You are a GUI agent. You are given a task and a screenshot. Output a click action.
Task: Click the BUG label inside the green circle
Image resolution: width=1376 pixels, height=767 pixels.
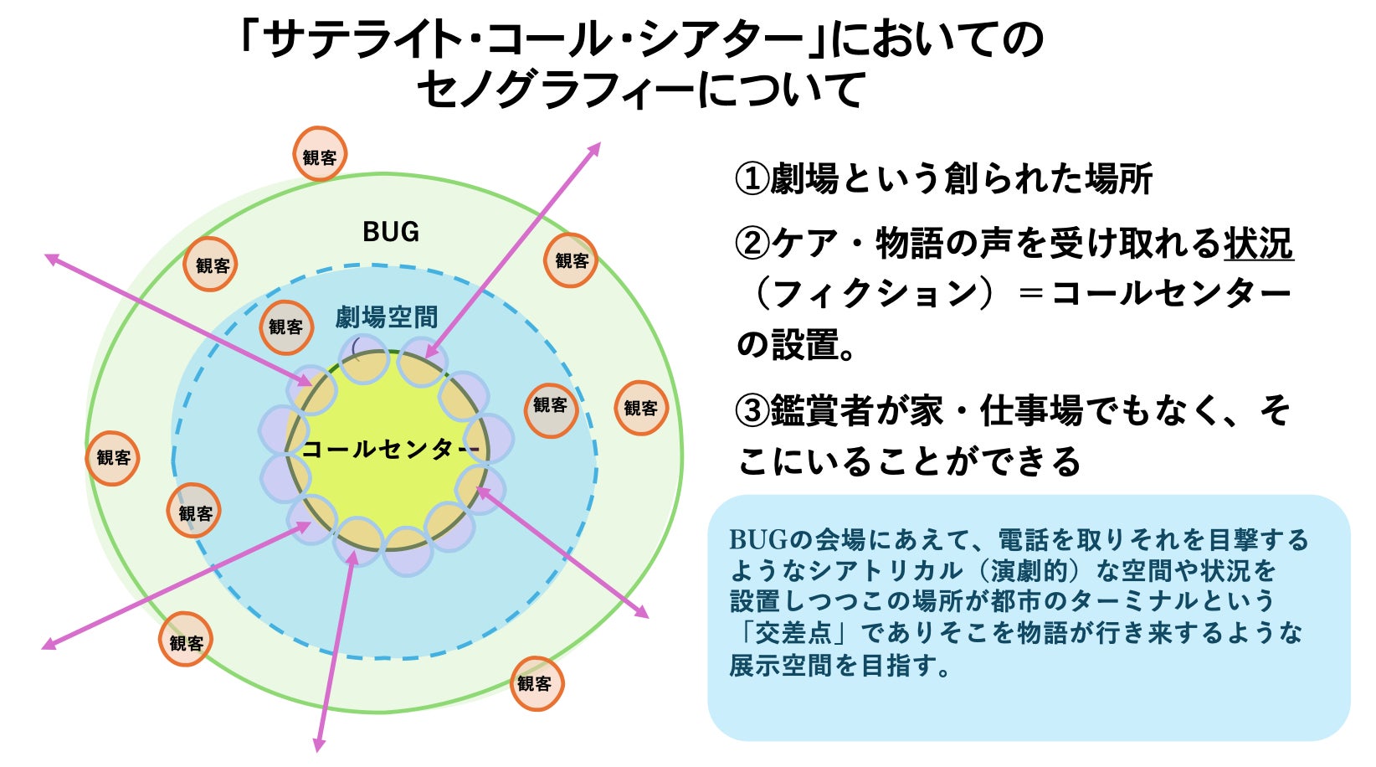point(390,232)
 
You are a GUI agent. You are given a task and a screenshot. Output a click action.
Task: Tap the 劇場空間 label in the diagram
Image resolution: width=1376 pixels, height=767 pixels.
point(386,317)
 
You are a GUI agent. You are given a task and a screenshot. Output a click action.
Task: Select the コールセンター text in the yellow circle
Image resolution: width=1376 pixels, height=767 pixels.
point(390,450)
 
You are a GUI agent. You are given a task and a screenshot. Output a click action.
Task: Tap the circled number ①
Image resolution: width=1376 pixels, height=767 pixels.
point(751,179)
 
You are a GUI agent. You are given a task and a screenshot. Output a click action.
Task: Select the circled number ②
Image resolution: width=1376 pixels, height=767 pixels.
point(751,245)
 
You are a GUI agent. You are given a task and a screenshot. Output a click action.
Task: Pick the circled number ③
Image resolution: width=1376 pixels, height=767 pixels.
point(751,411)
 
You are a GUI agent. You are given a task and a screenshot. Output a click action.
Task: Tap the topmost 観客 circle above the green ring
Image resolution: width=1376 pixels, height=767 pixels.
point(319,155)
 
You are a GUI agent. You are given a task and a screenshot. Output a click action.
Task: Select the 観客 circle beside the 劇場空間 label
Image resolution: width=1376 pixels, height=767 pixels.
point(285,327)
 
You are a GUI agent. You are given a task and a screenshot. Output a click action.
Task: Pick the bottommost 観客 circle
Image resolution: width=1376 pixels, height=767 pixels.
point(536,683)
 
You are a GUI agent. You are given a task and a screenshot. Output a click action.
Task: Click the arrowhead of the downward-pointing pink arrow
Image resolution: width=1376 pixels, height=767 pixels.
point(319,744)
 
